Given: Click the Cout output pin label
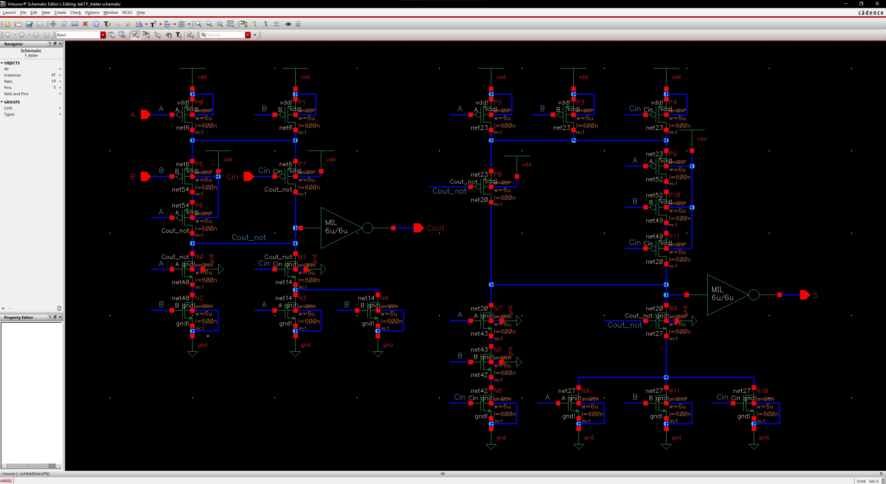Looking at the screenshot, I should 435,228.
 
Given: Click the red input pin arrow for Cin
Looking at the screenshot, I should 249,177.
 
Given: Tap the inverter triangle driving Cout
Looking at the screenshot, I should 338,228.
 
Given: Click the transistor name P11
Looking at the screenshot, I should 674,236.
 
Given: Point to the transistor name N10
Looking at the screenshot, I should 762,391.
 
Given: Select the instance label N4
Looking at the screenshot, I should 384,298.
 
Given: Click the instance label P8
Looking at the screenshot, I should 498,174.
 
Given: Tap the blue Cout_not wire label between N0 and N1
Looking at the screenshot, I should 249,237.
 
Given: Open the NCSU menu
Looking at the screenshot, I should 127,12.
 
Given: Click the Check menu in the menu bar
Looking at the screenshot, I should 75,12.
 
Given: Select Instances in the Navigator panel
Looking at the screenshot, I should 12,75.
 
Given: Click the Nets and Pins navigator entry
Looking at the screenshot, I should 16,94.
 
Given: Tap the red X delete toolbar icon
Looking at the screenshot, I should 85,24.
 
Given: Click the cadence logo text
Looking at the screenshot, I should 870,13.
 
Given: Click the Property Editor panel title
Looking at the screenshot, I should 19,317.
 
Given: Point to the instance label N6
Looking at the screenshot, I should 498,391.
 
